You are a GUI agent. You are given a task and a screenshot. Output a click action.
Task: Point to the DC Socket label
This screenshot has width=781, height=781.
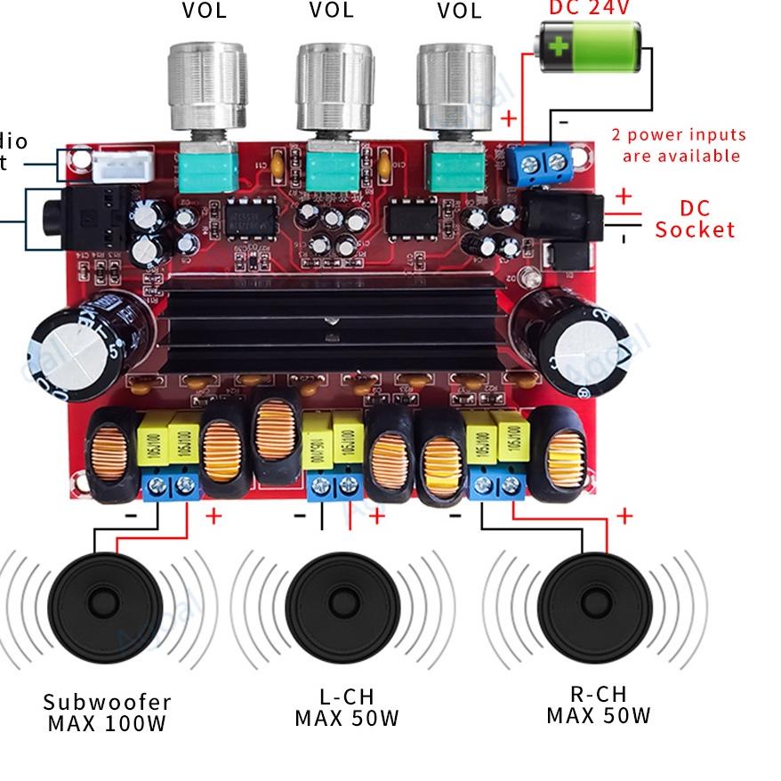[695, 219]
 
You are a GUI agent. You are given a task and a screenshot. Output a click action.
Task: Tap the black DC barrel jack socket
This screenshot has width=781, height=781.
[560, 215]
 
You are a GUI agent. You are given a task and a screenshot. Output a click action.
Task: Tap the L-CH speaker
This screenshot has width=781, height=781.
[342, 608]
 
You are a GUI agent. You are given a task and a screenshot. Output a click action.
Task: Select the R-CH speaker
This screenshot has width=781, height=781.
[595, 608]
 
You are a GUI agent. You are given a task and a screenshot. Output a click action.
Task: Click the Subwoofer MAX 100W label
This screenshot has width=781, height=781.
[107, 712]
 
